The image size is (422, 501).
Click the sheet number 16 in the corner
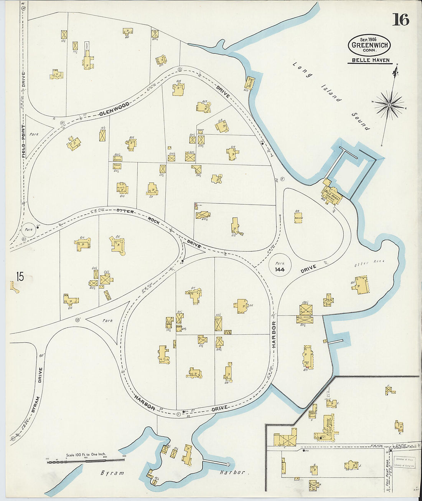point(400,20)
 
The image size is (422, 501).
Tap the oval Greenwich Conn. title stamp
point(369,45)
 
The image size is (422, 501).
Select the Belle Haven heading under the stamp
point(369,60)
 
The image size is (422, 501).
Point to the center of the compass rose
point(389,104)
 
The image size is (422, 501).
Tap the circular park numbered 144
point(279,266)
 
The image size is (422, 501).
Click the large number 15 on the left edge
point(20,276)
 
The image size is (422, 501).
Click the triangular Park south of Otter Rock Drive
point(107,321)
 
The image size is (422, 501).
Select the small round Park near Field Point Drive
point(28,230)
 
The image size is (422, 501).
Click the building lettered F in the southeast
point(390,390)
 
